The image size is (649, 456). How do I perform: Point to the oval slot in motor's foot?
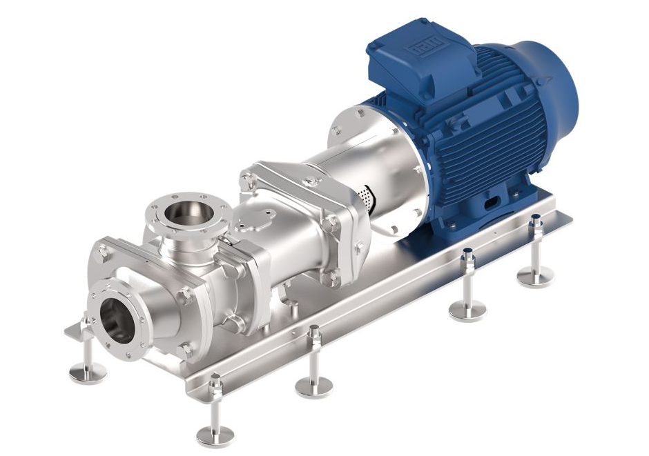coord(493,204)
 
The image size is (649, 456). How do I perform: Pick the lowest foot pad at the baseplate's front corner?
coord(215,435)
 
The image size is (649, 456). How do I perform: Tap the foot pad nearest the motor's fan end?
coord(535,277)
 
